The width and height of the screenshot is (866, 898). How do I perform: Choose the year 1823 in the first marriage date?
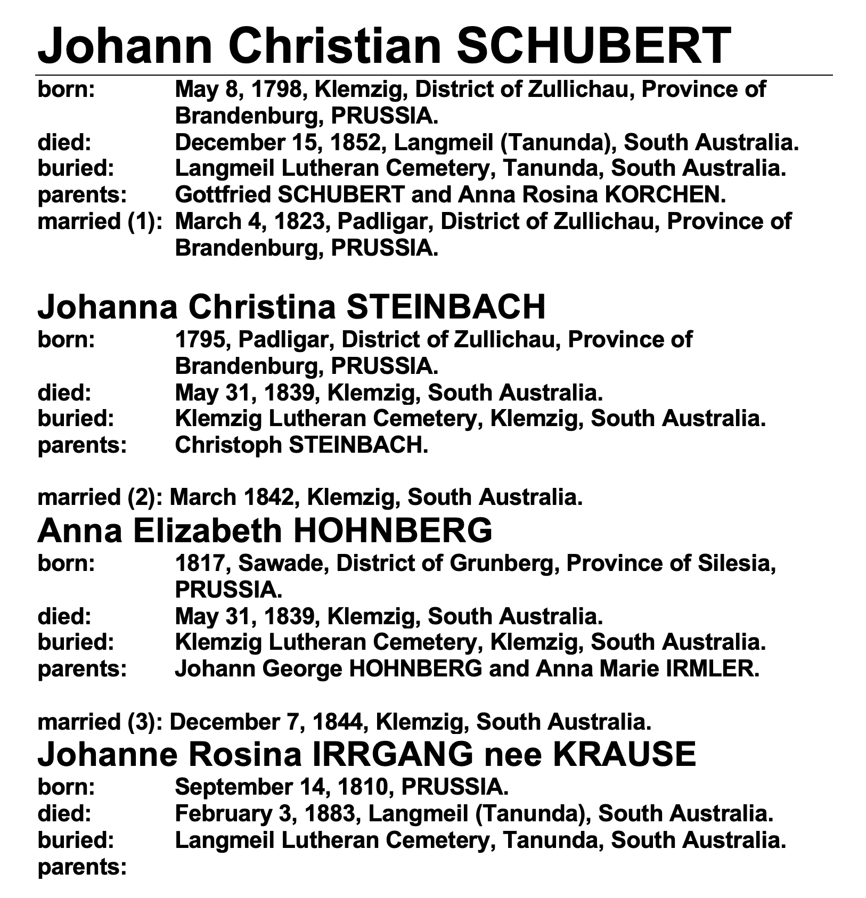[x=299, y=222]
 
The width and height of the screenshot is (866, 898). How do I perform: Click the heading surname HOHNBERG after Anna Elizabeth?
[x=393, y=531]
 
